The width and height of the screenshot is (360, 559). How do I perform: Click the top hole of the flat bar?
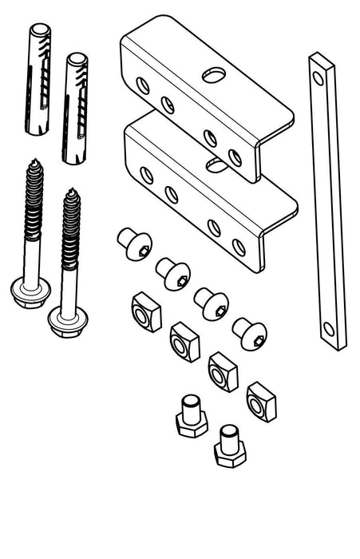click(x=318, y=77)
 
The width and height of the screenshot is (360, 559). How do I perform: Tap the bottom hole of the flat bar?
click(x=329, y=327)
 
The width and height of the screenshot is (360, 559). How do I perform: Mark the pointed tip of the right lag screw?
click(x=72, y=191)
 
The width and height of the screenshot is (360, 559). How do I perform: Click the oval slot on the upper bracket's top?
click(x=214, y=75)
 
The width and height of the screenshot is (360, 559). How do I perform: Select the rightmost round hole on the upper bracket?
click(x=235, y=157)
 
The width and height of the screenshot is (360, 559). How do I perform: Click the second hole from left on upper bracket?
click(x=167, y=103)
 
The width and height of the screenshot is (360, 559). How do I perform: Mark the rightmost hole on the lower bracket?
click(x=239, y=247)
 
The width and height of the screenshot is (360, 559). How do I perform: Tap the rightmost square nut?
click(x=260, y=401)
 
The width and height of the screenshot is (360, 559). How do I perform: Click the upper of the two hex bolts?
click(x=192, y=416)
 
